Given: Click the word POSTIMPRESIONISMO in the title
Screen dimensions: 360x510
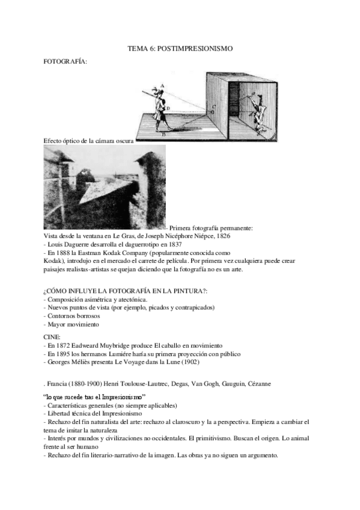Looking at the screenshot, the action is [201, 48].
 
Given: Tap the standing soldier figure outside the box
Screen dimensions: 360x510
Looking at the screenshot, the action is [158, 105].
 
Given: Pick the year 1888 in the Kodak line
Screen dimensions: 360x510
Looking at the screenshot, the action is [63, 254].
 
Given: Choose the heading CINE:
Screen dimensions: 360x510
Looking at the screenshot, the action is [52, 336].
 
